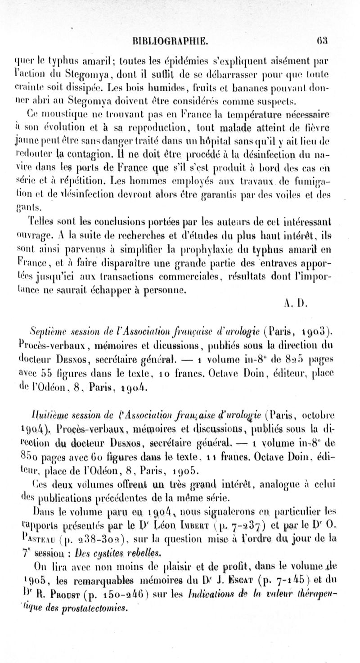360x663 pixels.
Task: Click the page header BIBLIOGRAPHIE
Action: pyautogui.click(x=168, y=41)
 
